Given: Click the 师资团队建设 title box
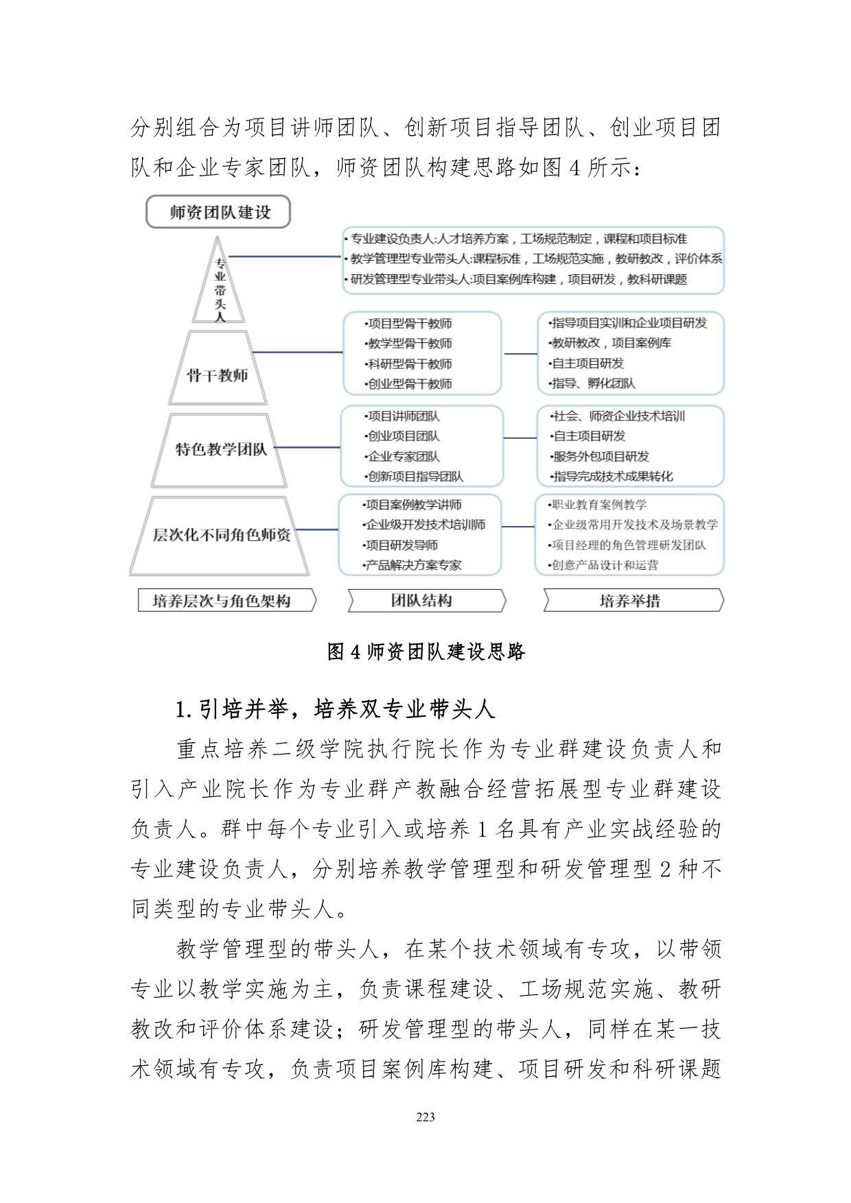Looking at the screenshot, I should pos(218,212).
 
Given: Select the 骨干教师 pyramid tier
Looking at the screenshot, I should pos(218,374).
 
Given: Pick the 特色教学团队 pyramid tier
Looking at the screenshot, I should pos(220,449).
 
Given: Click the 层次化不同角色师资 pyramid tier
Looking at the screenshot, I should pos(220,535).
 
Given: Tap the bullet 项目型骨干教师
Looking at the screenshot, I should pos(410,324).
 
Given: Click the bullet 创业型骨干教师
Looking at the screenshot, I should pos(410,384).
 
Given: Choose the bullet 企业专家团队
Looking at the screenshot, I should pos(404,457).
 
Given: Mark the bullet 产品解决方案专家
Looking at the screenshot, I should pos(413,565).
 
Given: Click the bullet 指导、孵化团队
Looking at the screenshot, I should pos(594,383).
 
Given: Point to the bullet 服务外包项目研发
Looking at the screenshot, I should pos(601,457).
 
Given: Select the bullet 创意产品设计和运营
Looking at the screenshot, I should pos(604,565).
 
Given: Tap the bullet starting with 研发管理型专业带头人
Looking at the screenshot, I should pos(518,279).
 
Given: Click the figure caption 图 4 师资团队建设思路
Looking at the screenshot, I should pos(425,652).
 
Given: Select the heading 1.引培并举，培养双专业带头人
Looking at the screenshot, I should pos(335,709).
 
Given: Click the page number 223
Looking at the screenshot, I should pos(425,1117).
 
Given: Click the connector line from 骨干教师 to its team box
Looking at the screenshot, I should pos(296,353).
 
